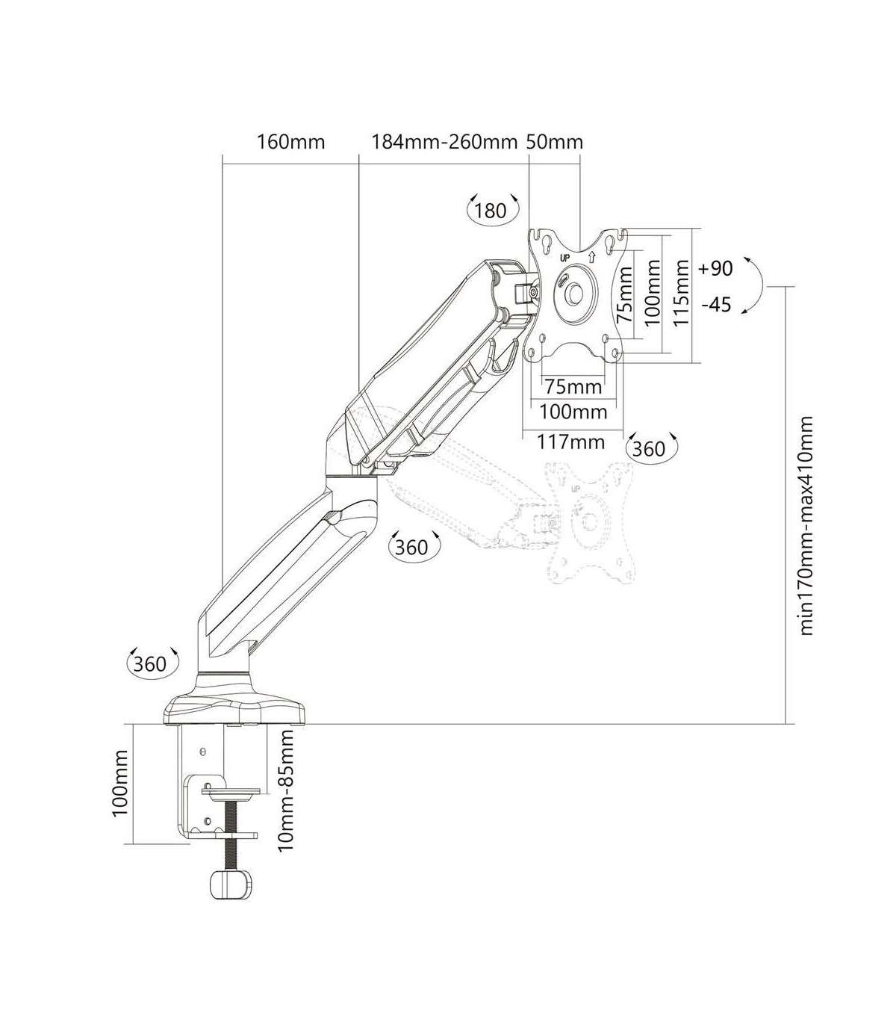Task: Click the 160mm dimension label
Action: [x=290, y=142]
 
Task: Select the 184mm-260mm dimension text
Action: [x=445, y=142]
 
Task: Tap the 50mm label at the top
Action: [x=554, y=142]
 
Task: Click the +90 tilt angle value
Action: [x=716, y=268]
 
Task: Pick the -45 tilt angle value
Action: [x=716, y=305]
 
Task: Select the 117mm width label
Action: [x=571, y=442]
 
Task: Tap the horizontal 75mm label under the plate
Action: [x=573, y=386]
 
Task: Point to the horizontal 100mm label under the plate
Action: [x=573, y=411]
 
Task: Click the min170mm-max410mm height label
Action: [x=806, y=526]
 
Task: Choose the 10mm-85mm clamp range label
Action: [x=285, y=790]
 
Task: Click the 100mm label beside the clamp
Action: [x=121, y=784]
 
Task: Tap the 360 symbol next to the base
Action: [x=149, y=663]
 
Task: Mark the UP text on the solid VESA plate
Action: [x=565, y=257]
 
